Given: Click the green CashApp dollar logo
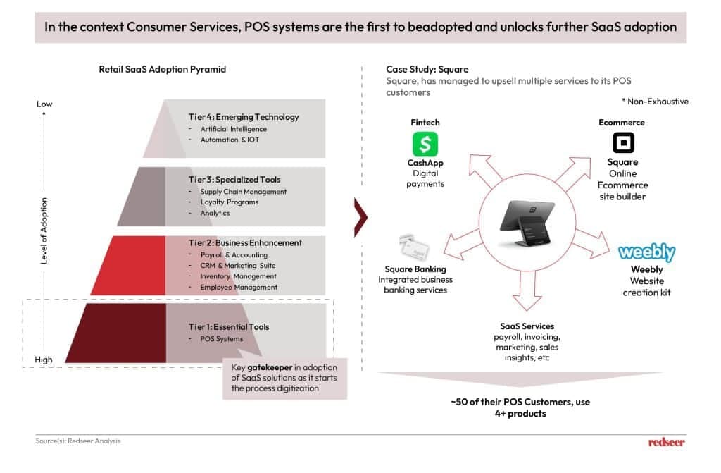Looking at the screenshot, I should (x=425, y=144).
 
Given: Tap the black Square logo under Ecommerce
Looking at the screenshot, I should (x=623, y=143).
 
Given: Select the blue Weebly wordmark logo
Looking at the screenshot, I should (x=646, y=252).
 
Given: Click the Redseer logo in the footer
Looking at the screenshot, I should (x=666, y=442).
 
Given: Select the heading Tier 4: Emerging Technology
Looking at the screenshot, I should (x=244, y=117).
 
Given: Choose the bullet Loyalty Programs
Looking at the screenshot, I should (x=229, y=202).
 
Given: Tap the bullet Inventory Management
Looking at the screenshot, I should (x=239, y=276).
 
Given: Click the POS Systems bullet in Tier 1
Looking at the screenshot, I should (x=222, y=339).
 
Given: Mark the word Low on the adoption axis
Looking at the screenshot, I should (x=44, y=104).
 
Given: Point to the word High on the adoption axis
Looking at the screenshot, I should (x=44, y=360).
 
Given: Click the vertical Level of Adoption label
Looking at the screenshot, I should (x=44, y=231).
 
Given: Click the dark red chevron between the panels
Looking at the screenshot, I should (x=360, y=215).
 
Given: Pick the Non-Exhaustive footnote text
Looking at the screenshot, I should (x=655, y=102).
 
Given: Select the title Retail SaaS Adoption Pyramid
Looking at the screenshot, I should (x=163, y=69).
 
